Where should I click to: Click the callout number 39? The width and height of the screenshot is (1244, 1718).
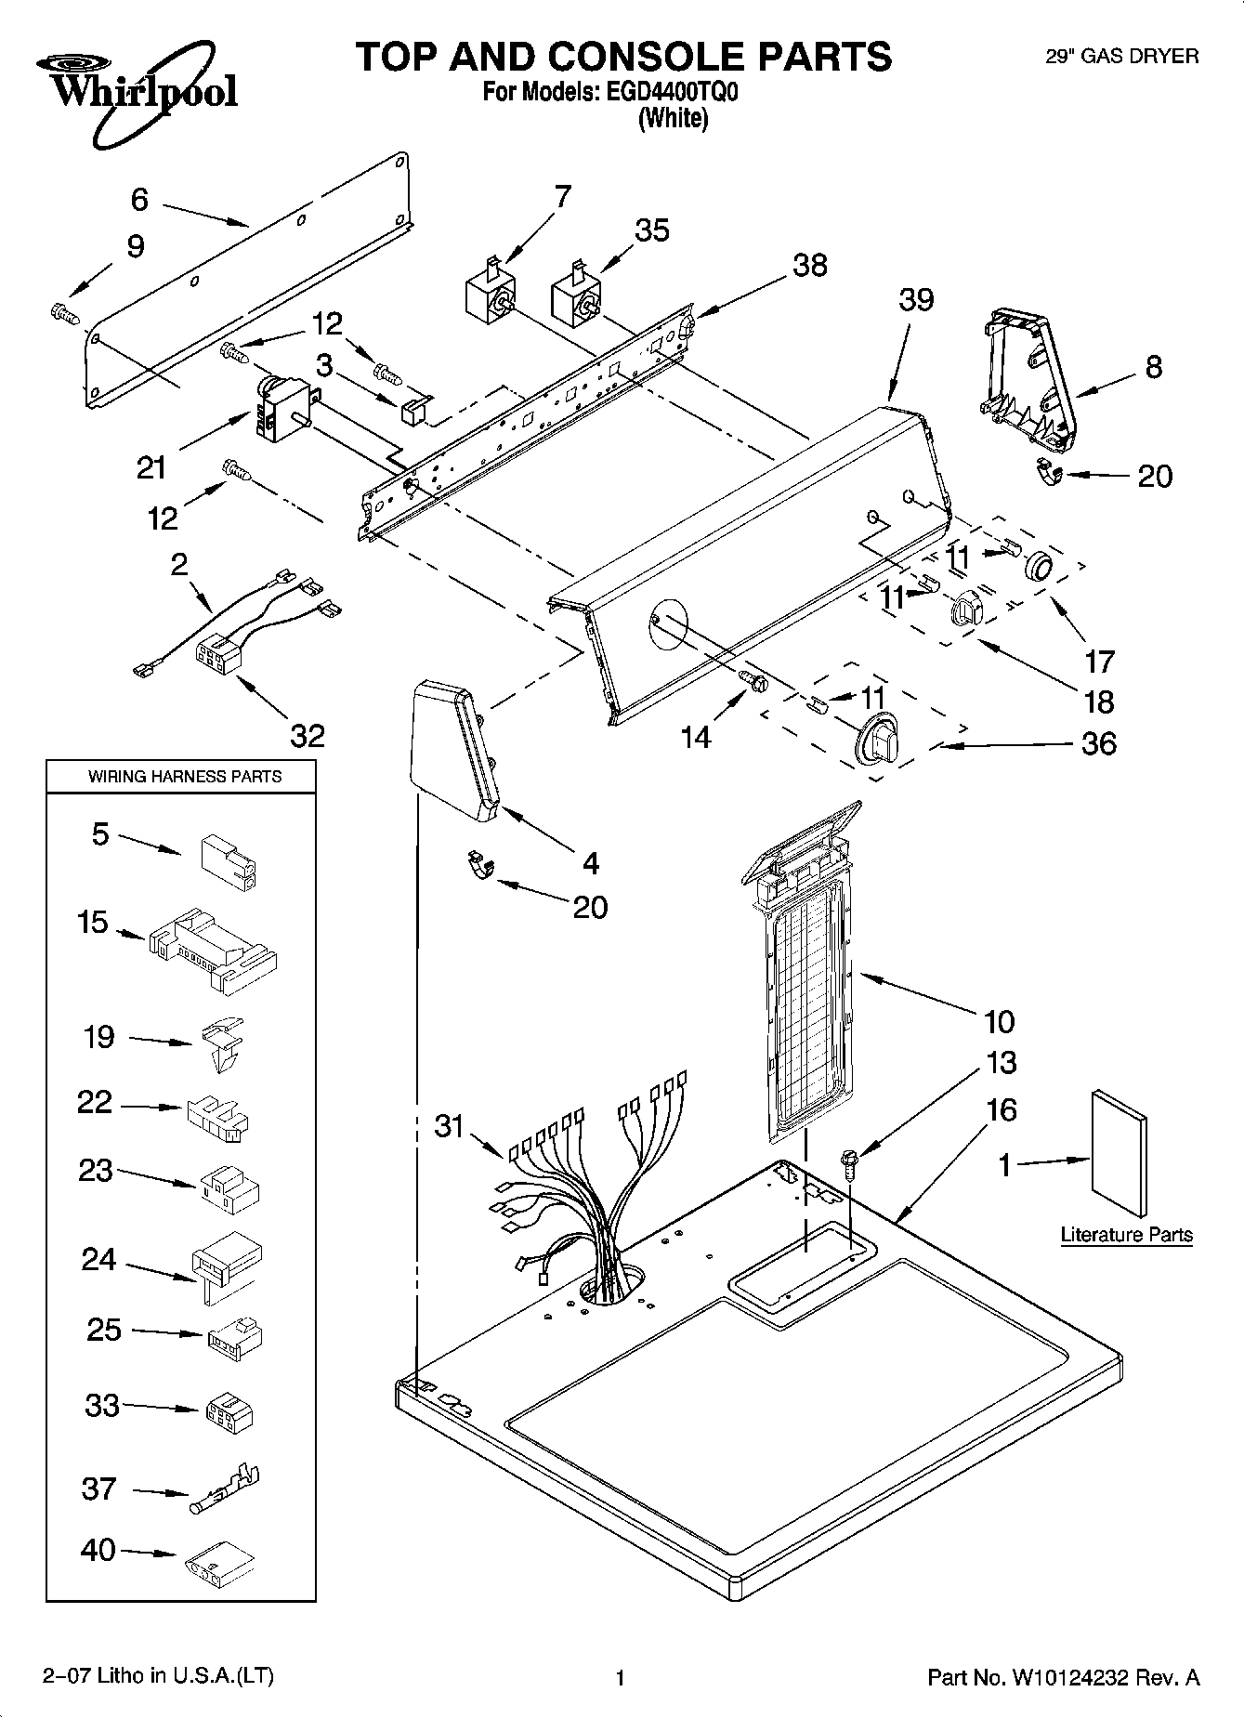click(x=915, y=301)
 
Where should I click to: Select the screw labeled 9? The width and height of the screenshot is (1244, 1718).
click(x=63, y=313)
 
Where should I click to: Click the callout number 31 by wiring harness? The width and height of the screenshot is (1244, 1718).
click(x=450, y=1126)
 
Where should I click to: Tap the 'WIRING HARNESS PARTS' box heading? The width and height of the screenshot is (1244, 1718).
click(x=184, y=776)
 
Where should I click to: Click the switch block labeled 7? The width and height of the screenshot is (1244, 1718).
click(x=491, y=295)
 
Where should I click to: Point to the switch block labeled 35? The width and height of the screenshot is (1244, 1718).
click(x=577, y=298)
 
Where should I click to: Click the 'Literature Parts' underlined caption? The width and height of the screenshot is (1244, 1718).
click(x=1126, y=1235)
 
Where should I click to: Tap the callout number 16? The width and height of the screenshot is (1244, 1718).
click(x=1002, y=1109)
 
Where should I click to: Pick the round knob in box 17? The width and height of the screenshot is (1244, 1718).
click(x=1039, y=564)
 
